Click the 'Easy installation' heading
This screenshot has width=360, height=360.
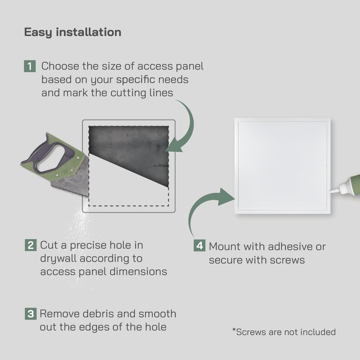(x=72, y=32)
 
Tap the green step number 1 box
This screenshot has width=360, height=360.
(x=30, y=67)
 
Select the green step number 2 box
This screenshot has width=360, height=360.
(x=30, y=246)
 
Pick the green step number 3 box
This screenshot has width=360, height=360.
(x=30, y=314)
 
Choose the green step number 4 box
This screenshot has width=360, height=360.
(x=199, y=246)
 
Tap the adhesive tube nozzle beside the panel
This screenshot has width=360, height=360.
(x=342, y=189)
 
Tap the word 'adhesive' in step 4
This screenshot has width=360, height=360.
(x=288, y=247)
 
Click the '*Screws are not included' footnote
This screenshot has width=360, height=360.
(x=283, y=332)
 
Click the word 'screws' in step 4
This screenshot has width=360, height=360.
(x=288, y=260)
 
